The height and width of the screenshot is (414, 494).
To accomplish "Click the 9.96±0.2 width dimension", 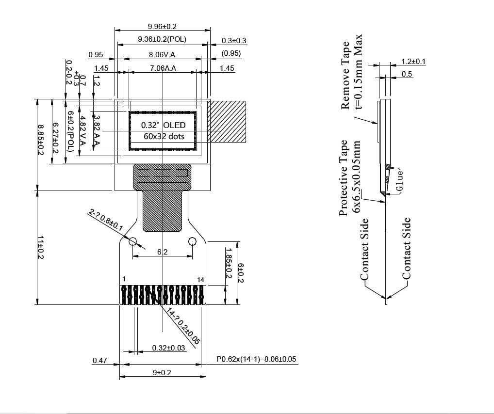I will [x=162, y=26].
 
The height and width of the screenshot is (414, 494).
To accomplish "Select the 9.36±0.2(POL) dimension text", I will [x=162, y=39].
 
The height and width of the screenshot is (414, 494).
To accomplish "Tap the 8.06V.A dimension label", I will [x=162, y=55].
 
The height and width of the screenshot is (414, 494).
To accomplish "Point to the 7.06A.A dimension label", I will [x=162, y=68].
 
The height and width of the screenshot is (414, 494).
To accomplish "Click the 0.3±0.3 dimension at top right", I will [x=234, y=41].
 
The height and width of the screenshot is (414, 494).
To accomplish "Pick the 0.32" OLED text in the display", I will [x=164, y=125].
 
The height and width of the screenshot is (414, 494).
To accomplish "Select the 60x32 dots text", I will [x=164, y=136].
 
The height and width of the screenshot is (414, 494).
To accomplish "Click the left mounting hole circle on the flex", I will [x=132, y=241].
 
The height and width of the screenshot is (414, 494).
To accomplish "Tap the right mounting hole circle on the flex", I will [x=192, y=241].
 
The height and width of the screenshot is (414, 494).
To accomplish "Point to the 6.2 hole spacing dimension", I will [x=162, y=252].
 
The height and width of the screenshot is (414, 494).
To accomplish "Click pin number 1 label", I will [x=124, y=279].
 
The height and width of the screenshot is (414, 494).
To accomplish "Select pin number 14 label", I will [x=201, y=280].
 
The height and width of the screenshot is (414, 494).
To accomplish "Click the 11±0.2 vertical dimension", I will [x=41, y=247].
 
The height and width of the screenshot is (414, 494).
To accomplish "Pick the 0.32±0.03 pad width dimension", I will [x=168, y=348].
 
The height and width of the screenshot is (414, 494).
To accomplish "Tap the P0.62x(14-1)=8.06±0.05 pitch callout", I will [x=256, y=359].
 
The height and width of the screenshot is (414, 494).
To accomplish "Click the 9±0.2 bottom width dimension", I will [x=162, y=372].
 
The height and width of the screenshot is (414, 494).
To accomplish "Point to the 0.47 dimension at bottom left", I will [x=100, y=360].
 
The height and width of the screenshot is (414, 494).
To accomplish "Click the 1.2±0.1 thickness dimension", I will [x=413, y=62].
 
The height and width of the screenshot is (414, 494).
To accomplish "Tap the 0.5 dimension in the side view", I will [x=407, y=74].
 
